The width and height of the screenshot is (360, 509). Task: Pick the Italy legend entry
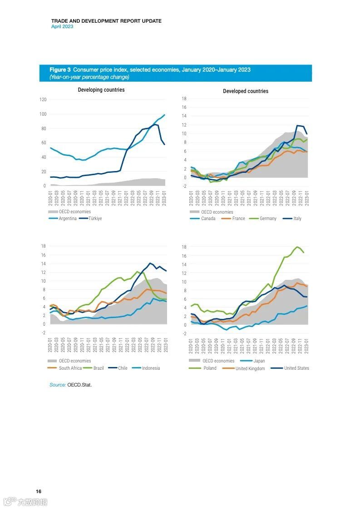pos(297,218)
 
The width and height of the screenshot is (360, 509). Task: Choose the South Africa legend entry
pos(70,368)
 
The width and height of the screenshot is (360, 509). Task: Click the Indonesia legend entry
pos(151,368)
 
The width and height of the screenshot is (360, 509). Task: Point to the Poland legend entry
pos(210,368)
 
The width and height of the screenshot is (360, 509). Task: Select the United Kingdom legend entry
pos(250,368)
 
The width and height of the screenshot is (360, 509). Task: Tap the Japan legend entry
pos(259,361)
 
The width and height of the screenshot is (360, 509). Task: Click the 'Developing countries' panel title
pos(101,90)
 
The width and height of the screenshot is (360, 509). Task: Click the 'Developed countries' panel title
pos(246,91)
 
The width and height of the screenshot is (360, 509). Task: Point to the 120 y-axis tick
pos(43,99)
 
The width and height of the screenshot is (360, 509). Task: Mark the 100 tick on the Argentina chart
pos(43,114)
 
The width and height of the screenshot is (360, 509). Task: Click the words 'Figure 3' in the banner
pos(60,70)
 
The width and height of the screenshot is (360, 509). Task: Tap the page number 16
pos(39,491)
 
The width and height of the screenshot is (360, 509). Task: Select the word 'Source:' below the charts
pos(58,385)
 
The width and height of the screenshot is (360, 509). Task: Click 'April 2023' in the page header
pos(62,26)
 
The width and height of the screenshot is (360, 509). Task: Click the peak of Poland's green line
pos(297,247)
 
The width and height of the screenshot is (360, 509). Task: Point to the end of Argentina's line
pos(164,115)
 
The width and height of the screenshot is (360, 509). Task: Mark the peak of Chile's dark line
pos(150,263)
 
